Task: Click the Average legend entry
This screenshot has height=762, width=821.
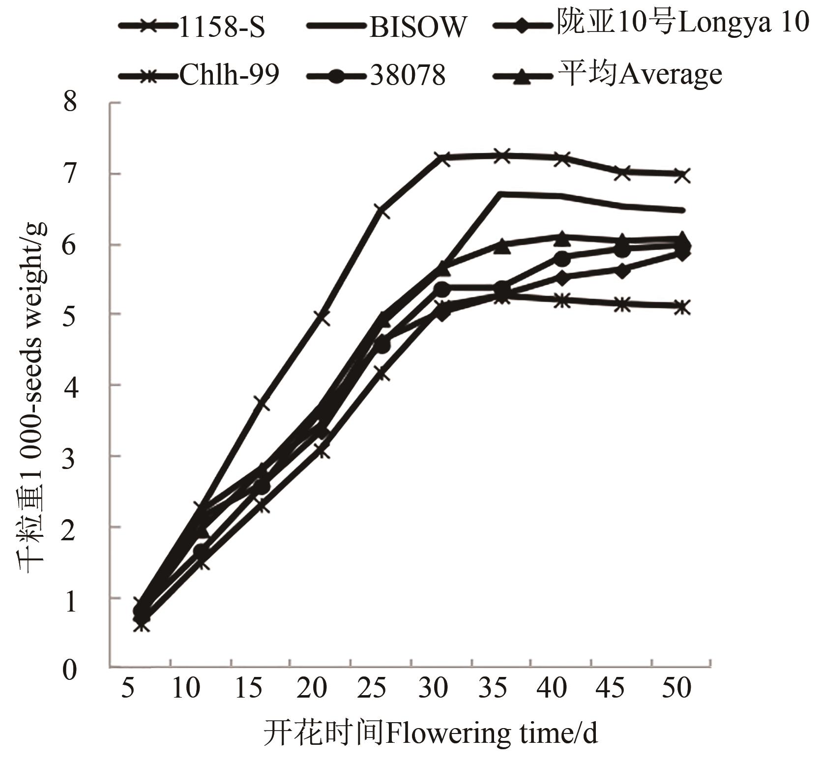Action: pyautogui.click(x=639, y=75)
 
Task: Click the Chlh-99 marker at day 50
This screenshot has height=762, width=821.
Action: pyautogui.click(x=682, y=308)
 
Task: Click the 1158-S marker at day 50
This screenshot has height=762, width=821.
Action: pyautogui.click(x=682, y=175)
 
